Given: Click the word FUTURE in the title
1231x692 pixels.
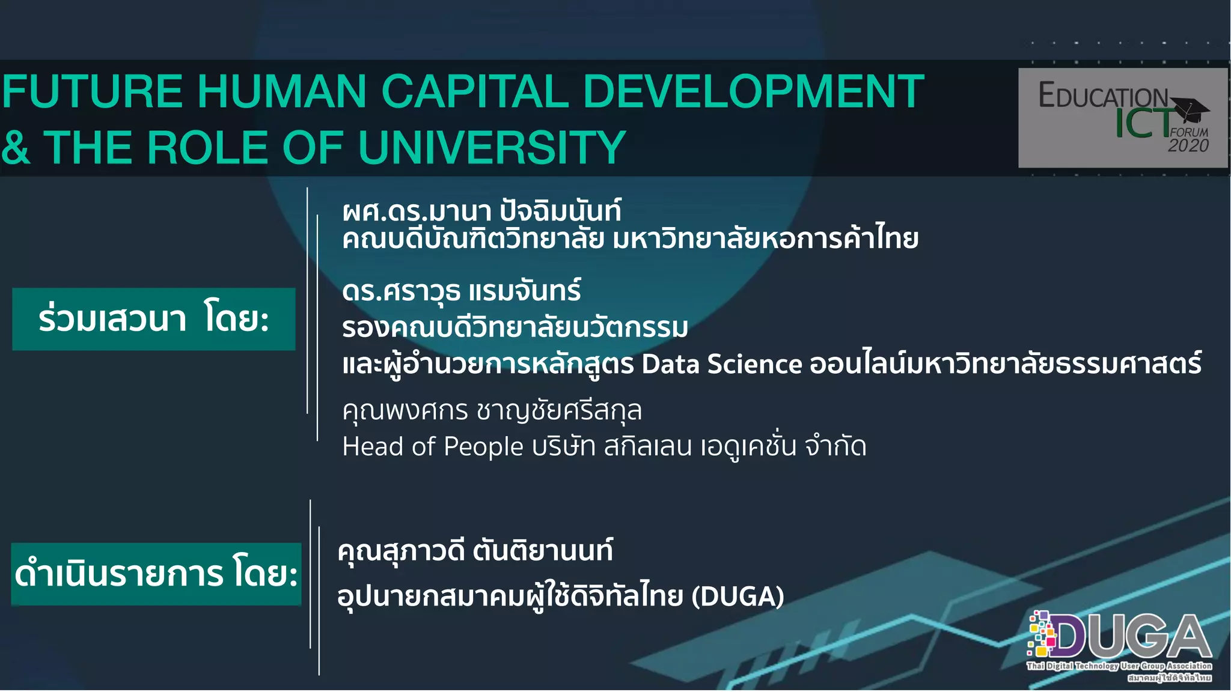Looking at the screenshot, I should coord(92,92).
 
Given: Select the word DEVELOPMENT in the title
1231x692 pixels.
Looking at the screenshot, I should coord(753,92).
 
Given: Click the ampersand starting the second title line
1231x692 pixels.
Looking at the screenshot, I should coord(15,148).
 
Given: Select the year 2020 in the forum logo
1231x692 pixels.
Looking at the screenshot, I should coord(1188,146).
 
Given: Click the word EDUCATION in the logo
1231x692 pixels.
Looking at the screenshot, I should coord(1103,96).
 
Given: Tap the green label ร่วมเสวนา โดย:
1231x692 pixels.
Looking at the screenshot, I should coord(154,319).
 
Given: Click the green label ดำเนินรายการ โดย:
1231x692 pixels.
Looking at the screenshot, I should coord(156,574).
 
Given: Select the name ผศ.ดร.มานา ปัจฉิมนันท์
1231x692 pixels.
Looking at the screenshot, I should coord(481,211).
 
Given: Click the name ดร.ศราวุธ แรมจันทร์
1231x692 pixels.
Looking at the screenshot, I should coord(461,291).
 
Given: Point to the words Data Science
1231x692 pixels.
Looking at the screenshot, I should coord(721,364).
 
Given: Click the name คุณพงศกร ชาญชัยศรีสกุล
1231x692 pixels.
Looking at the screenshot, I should coord(492,411).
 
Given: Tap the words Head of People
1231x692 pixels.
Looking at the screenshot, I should coord(433,447).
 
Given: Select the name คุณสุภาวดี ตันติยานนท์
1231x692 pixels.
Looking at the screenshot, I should coord(475,551).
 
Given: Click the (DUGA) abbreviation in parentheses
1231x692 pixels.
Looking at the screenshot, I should coord(738,596).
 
